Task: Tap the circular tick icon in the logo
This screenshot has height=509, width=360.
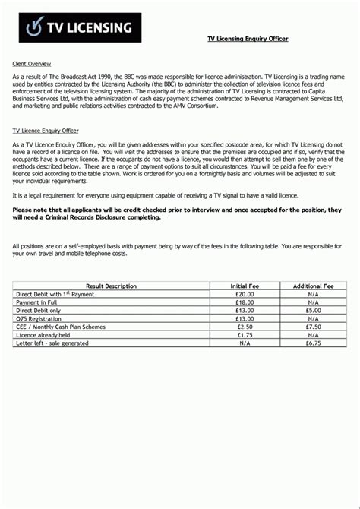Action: pyautogui.click(x=36, y=27)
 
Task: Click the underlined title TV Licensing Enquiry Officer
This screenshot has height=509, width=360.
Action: pyautogui.click(x=248, y=38)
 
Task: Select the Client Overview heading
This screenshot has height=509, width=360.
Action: pyautogui.click(x=32, y=63)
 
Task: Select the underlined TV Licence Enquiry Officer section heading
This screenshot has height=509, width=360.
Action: pyautogui.click(x=46, y=130)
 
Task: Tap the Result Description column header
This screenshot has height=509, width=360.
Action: pyautogui.click(x=111, y=286)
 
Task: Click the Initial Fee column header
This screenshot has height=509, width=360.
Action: pyautogui.click(x=245, y=286)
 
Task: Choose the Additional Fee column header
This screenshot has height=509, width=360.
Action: pyautogui.click(x=313, y=286)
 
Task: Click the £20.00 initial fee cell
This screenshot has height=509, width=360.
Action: pyautogui.click(x=245, y=293)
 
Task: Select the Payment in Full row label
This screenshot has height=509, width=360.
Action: pyautogui.click(x=37, y=302)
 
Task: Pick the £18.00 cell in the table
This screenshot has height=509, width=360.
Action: pyautogui.click(x=245, y=302)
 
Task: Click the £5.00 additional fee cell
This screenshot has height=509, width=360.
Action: pyautogui.click(x=313, y=310)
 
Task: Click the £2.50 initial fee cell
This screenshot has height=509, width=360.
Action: pyautogui.click(x=245, y=327)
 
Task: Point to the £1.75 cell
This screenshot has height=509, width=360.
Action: pyautogui.click(x=245, y=335)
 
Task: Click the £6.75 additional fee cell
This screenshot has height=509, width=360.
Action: pyautogui.click(x=313, y=343)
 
